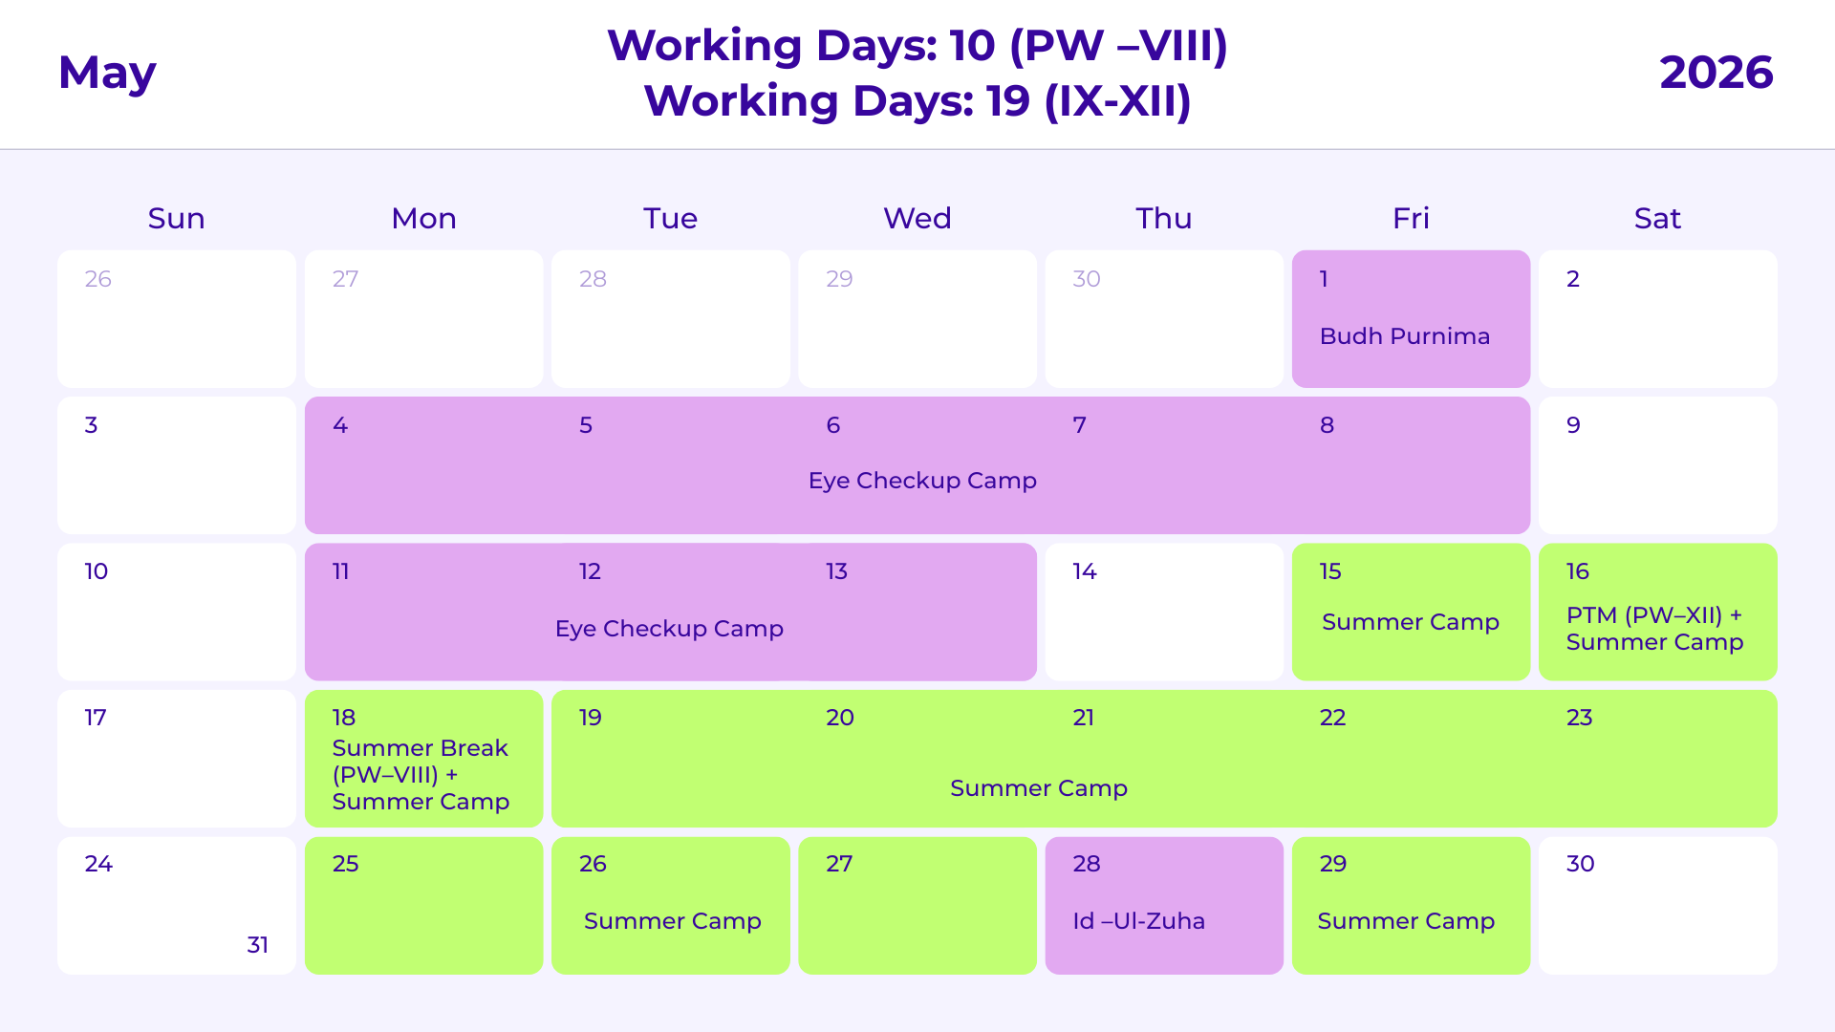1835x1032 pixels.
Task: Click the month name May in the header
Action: click(x=107, y=74)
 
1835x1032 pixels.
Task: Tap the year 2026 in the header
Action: click(x=1716, y=74)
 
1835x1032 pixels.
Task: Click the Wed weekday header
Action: click(x=917, y=219)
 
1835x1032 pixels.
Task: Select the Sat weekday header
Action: click(x=1657, y=219)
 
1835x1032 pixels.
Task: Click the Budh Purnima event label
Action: click(x=1404, y=336)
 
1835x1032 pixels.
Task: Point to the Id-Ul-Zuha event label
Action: click(x=1138, y=921)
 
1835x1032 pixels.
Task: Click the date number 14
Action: click(x=1084, y=571)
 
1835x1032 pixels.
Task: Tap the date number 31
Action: click(x=257, y=945)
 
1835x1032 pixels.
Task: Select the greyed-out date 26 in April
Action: click(x=97, y=279)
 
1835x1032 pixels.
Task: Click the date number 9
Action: click(x=1573, y=425)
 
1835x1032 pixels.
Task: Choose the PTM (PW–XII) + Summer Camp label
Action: click(x=1654, y=629)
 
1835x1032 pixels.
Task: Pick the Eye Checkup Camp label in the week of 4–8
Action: click(x=922, y=481)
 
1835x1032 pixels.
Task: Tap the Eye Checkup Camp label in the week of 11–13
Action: click(x=669, y=629)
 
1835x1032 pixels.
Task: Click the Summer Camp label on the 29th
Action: click(x=1406, y=921)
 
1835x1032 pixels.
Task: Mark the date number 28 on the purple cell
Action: click(x=1087, y=864)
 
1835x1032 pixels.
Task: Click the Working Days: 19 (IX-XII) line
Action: click(x=917, y=101)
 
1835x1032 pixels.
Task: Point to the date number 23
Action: click(x=1579, y=718)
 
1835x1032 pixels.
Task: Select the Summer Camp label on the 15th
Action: click(x=1410, y=622)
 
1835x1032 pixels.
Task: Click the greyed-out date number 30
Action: click(x=1087, y=279)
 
